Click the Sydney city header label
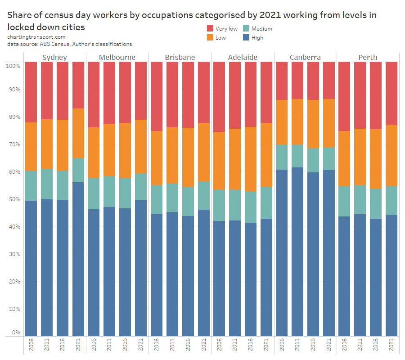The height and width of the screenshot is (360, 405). tap(54, 57)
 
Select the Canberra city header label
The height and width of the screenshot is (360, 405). tap(305, 57)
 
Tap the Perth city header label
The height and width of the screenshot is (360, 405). tap(368, 57)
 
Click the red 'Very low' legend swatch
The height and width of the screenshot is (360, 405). tap(210, 29)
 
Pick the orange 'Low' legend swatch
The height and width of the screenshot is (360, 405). tap(210, 38)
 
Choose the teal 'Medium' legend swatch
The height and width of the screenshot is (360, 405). tap(246, 29)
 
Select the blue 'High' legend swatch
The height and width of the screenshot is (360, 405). tap(246, 38)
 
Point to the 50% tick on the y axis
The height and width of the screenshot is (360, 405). tap(13, 199)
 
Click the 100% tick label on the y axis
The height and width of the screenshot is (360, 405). tap(13, 66)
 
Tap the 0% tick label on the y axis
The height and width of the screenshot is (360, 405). tap(16, 333)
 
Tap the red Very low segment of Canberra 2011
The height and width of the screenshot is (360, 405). tap(297, 80)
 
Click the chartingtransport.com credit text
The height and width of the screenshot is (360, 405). tap(36, 37)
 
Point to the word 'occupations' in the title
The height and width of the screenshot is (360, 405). tap(166, 15)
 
